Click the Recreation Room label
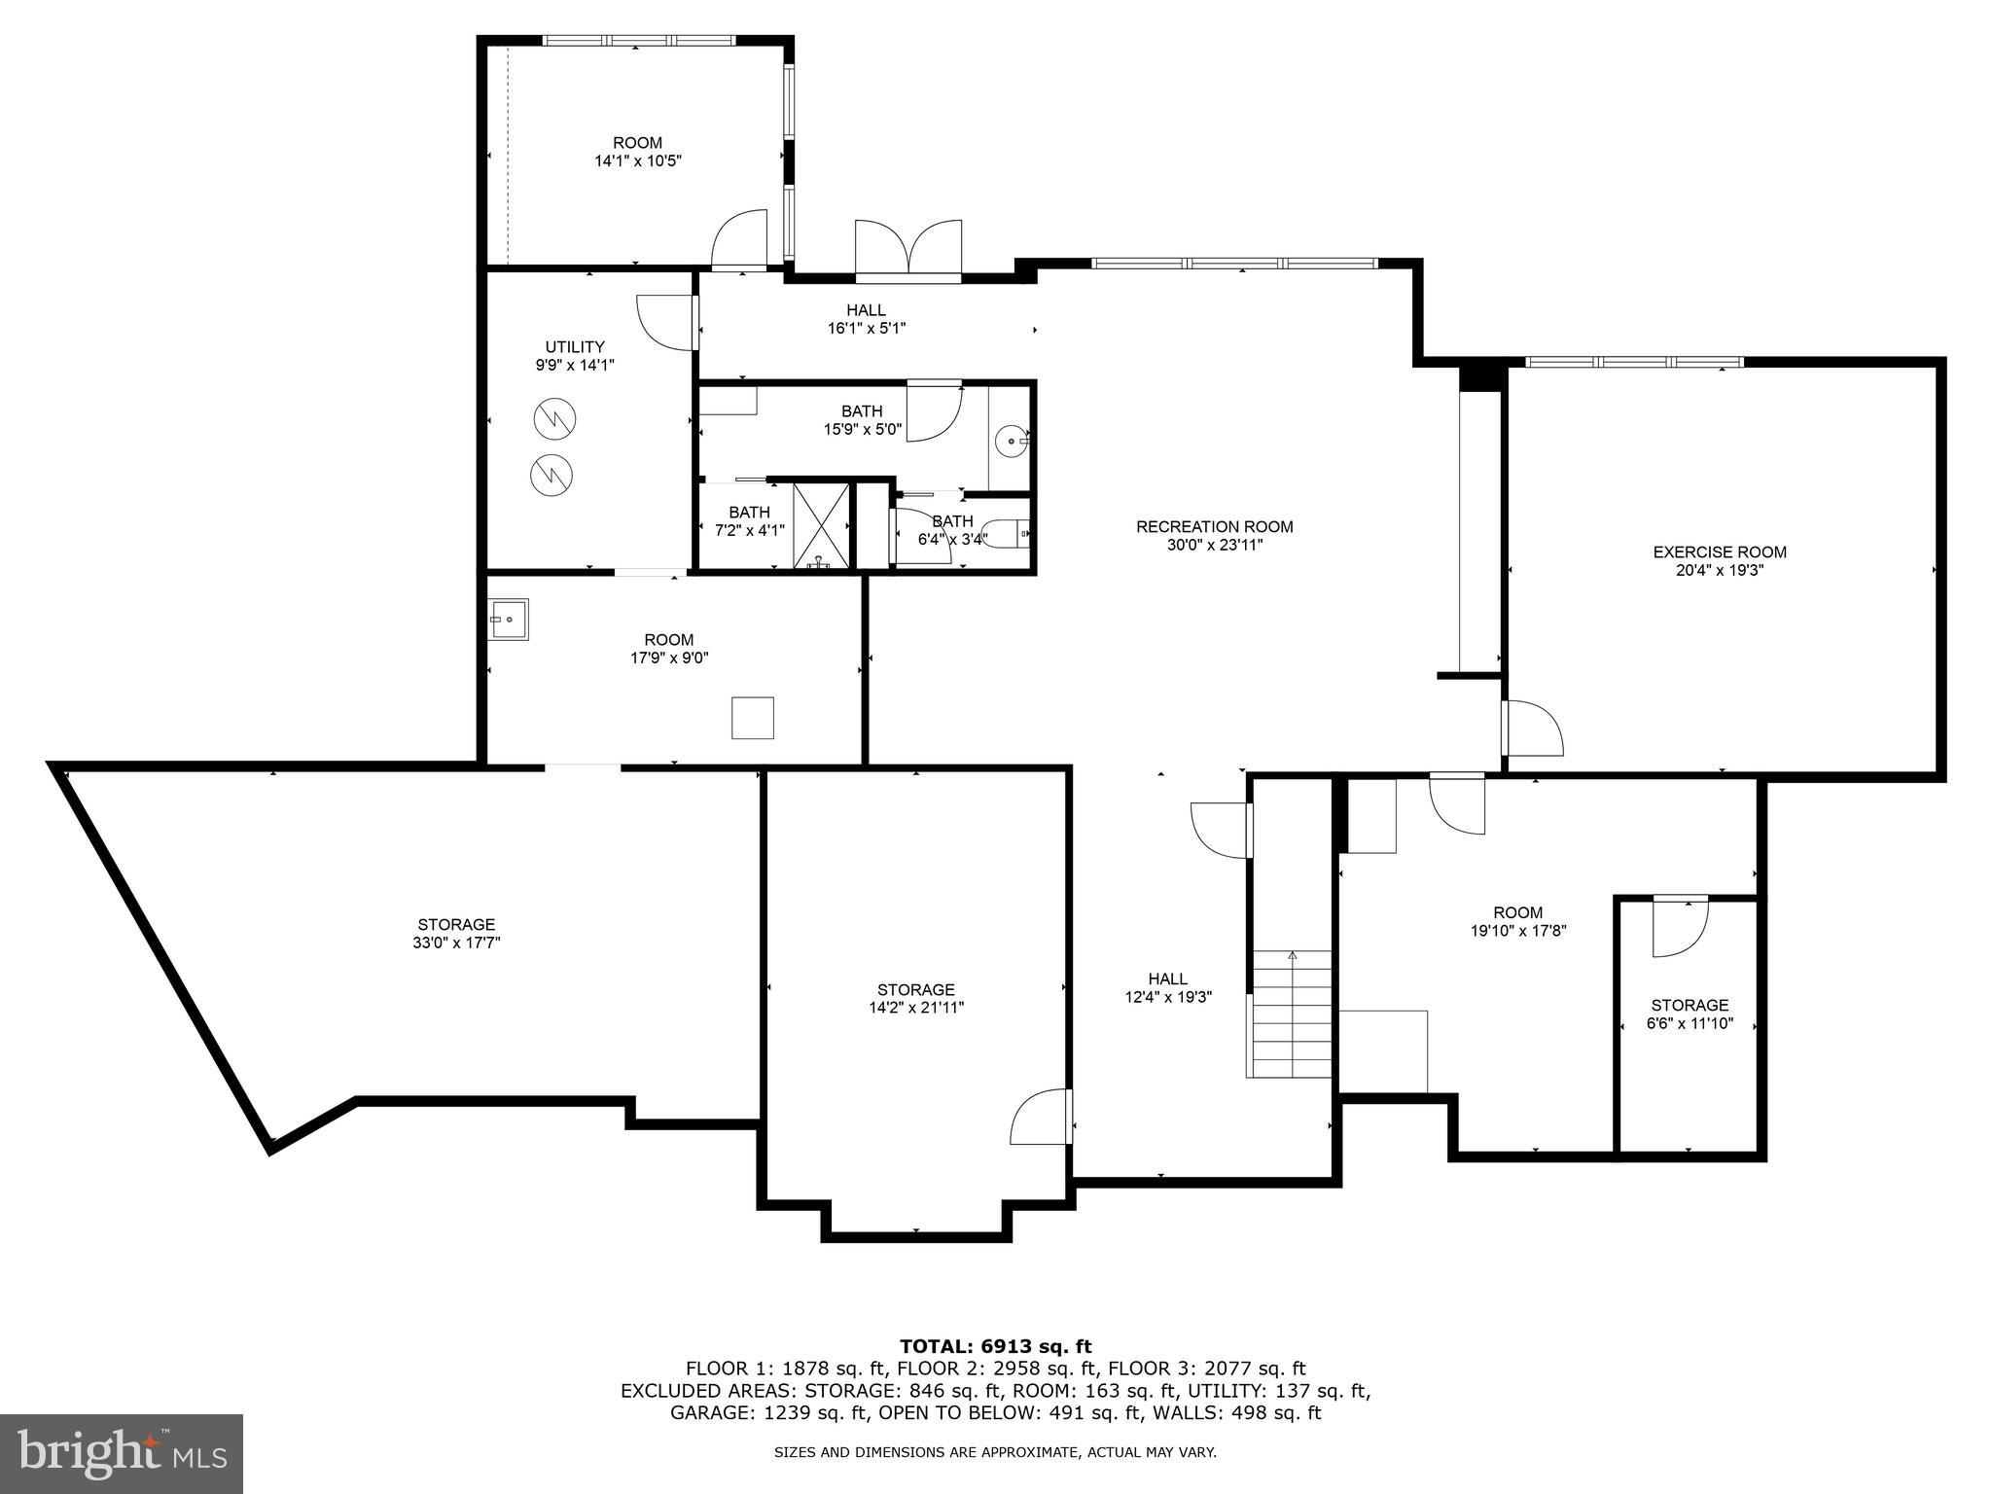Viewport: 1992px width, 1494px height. pyautogui.click(x=1214, y=527)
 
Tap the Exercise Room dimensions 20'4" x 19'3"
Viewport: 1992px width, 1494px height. pyautogui.click(x=1719, y=571)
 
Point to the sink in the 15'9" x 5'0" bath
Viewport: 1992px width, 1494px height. pyautogui.click(x=1014, y=443)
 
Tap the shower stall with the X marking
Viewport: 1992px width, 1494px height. pyautogui.click(x=822, y=524)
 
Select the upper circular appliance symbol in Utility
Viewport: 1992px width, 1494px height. pyautogui.click(x=554, y=420)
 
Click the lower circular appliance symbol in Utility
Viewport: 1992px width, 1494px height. pyautogui.click(x=551, y=475)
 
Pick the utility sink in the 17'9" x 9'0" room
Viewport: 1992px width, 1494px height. pyautogui.click(x=508, y=620)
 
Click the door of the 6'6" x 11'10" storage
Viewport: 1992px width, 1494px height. pyautogui.click(x=1680, y=927)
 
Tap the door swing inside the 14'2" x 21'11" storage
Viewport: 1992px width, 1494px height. pyautogui.click(x=1043, y=1117)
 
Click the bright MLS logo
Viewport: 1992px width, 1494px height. pyautogui.click(x=122, y=1453)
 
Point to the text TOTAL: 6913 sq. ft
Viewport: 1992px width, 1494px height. pyautogui.click(x=995, y=1346)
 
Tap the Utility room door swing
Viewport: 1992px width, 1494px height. pyautogui.click(x=667, y=322)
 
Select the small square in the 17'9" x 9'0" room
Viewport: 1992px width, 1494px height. pyautogui.click(x=752, y=718)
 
